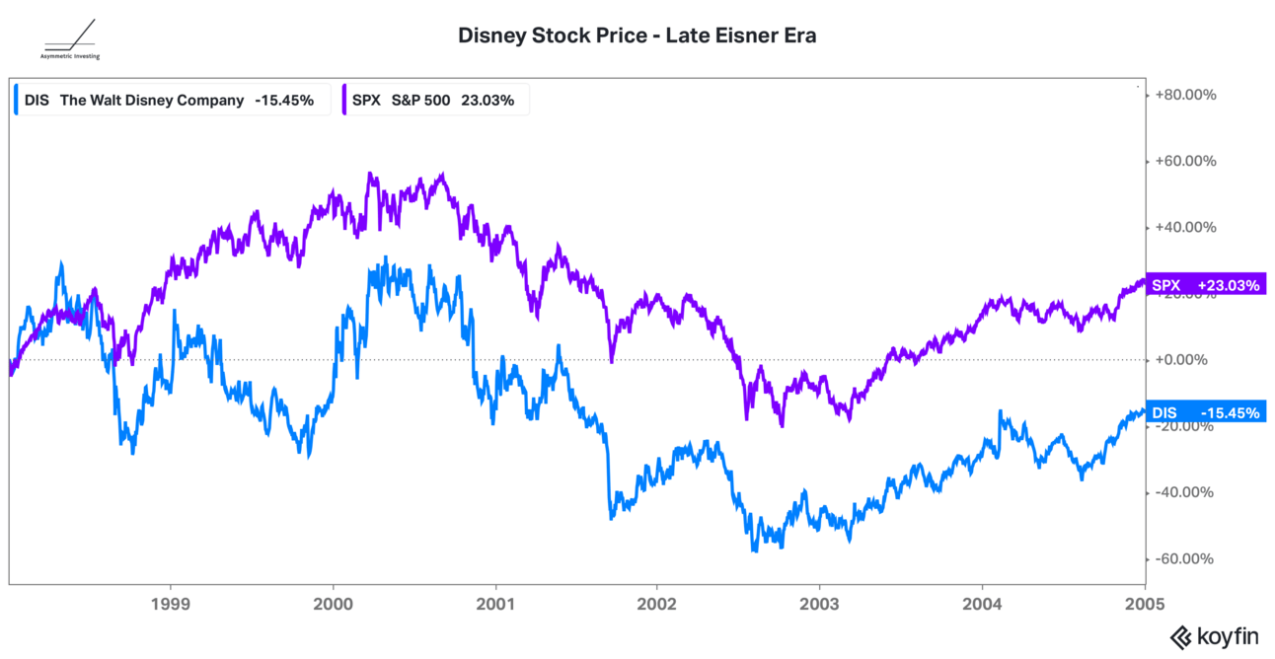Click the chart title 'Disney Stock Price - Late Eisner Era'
click(x=637, y=36)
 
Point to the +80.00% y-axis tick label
click(x=1186, y=95)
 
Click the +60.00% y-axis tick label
click(x=1186, y=161)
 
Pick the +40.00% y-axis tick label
click(x=1186, y=227)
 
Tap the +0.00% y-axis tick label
click(x=1182, y=360)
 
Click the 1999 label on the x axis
click(x=171, y=602)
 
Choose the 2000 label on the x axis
click(x=334, y=602)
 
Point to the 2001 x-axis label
click(x=494, y=602)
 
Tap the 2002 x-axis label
click(x=657, y=602)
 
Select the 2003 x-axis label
click(x=819, y=602)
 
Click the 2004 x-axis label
click(x=982, y=602)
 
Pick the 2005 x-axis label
click(x=1144, y=602)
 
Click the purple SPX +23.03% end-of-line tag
click(x=1206, y=286)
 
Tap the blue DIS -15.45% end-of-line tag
click(x=1206, y=412)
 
